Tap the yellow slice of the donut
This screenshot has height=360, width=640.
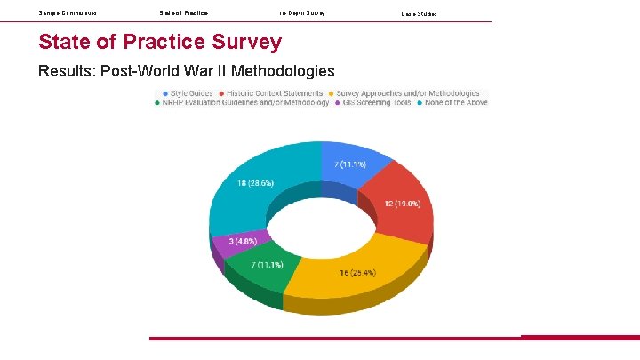tap(356, 267)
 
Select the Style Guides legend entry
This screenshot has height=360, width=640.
tap(188, 93)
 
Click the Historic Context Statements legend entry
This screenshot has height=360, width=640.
tap(274, 93)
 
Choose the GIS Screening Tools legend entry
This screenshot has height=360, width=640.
tap(372, 103)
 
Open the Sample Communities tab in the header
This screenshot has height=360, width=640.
tap(68, 13)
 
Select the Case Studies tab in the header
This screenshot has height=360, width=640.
tap(420, 14)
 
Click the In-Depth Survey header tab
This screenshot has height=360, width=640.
tap(302, 13)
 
